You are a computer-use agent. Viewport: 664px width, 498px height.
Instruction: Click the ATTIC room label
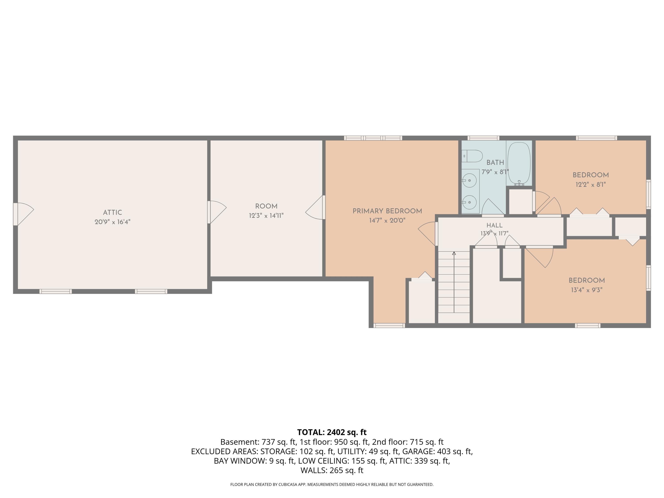113,212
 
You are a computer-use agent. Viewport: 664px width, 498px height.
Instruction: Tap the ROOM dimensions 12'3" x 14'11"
266,216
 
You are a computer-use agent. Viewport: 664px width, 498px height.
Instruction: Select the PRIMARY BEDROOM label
387,211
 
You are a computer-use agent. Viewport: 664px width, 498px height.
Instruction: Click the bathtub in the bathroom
519,164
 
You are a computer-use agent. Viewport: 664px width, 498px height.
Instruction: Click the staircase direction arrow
454,282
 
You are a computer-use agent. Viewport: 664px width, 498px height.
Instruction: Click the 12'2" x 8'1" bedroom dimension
591,184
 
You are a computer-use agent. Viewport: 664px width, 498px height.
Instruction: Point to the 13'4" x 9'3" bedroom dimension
587,290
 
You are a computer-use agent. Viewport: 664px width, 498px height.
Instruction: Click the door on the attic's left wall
23,214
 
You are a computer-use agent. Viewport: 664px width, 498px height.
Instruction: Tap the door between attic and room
217,212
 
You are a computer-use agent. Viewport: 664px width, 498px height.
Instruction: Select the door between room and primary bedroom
315,207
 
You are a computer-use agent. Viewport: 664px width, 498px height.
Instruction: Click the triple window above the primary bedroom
373,138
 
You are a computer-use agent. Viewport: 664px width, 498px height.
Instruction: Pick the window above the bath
484,138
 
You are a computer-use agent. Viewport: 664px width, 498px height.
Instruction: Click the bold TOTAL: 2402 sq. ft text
332,432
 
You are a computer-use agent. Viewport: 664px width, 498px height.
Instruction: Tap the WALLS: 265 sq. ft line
332,470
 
